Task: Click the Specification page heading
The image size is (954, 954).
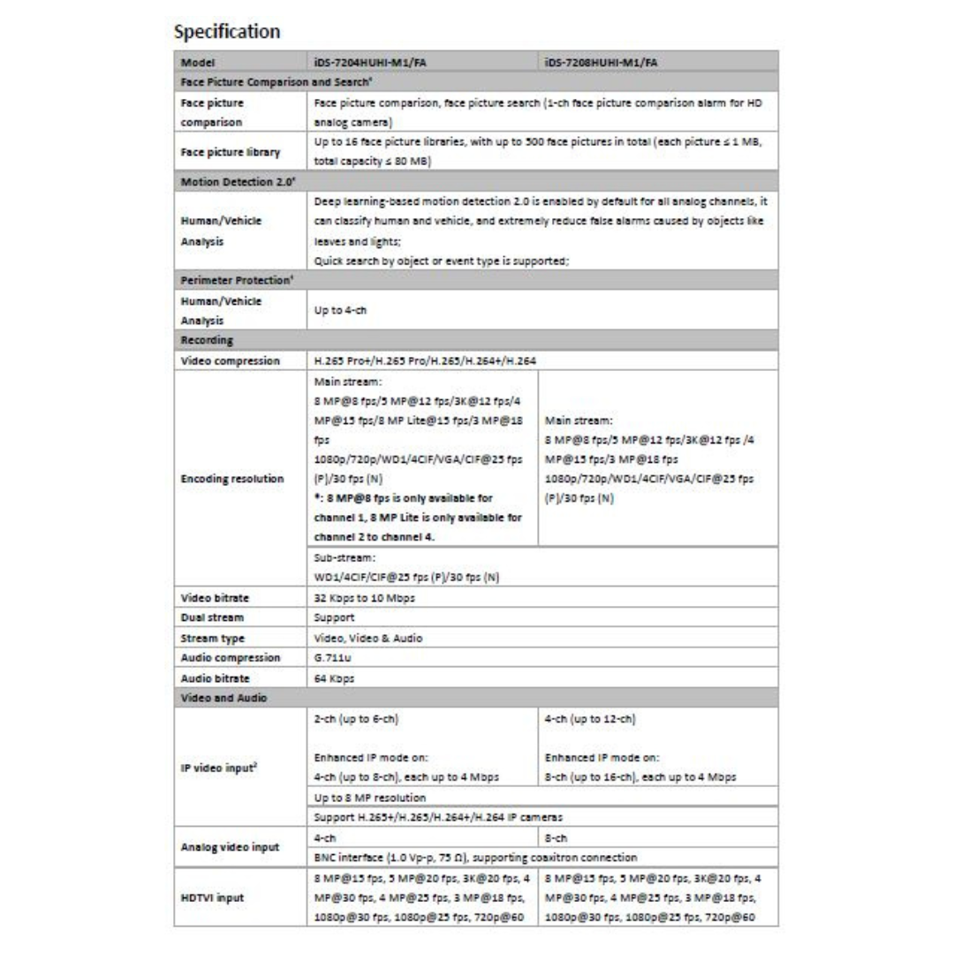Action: [227, 33]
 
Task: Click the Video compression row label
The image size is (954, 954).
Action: [230, 361]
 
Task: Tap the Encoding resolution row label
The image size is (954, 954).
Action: [232, 479]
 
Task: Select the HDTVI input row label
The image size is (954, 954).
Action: [213, 897]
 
